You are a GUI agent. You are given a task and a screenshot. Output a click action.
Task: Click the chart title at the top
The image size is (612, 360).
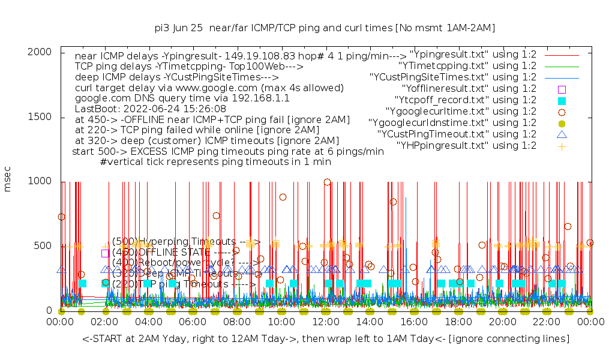tap(325, 28)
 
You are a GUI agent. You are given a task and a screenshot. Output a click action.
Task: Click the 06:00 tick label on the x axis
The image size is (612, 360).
tap(193, 322)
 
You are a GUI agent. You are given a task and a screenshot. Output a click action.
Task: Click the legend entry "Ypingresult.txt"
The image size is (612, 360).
tap(473, 54)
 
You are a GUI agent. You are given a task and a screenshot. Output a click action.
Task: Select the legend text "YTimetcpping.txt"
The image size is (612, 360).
tap(467, 65)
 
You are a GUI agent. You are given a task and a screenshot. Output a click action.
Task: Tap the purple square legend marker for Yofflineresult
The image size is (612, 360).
tap(562, 89)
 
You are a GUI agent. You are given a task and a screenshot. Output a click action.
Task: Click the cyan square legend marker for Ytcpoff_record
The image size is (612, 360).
tap(562, 100)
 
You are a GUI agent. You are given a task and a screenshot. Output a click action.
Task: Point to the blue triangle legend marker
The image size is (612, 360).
tap(562, 134)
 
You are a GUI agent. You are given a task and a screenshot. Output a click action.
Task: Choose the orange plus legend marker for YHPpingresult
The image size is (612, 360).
tap(562, 146)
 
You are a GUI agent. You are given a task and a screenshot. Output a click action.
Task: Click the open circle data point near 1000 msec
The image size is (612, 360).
tap(327, 182)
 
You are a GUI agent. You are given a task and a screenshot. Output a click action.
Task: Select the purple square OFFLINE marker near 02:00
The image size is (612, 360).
tap(106, 253)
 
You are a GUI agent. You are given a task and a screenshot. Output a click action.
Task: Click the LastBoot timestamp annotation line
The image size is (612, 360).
tap(150, 109)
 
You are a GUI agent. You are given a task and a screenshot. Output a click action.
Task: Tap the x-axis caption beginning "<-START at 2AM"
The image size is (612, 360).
tap(326, 340)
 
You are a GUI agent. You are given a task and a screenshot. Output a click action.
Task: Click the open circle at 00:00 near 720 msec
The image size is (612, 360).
tap(61, 217)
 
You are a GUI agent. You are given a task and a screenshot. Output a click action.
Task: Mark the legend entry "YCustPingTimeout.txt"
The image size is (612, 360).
tap(457, 134)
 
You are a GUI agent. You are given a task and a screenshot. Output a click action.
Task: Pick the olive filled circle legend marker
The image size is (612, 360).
tap(562, 122)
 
